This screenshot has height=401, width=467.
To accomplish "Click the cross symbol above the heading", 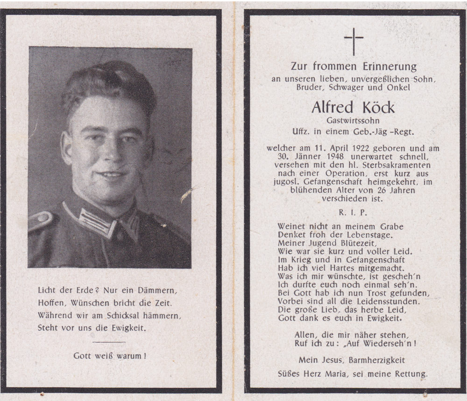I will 354,41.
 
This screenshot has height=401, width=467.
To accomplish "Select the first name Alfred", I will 331,108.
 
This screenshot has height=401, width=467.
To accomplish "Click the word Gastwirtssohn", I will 353,121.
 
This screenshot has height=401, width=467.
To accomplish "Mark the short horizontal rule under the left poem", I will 109,342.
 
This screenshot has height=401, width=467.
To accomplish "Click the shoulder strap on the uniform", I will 41,220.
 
